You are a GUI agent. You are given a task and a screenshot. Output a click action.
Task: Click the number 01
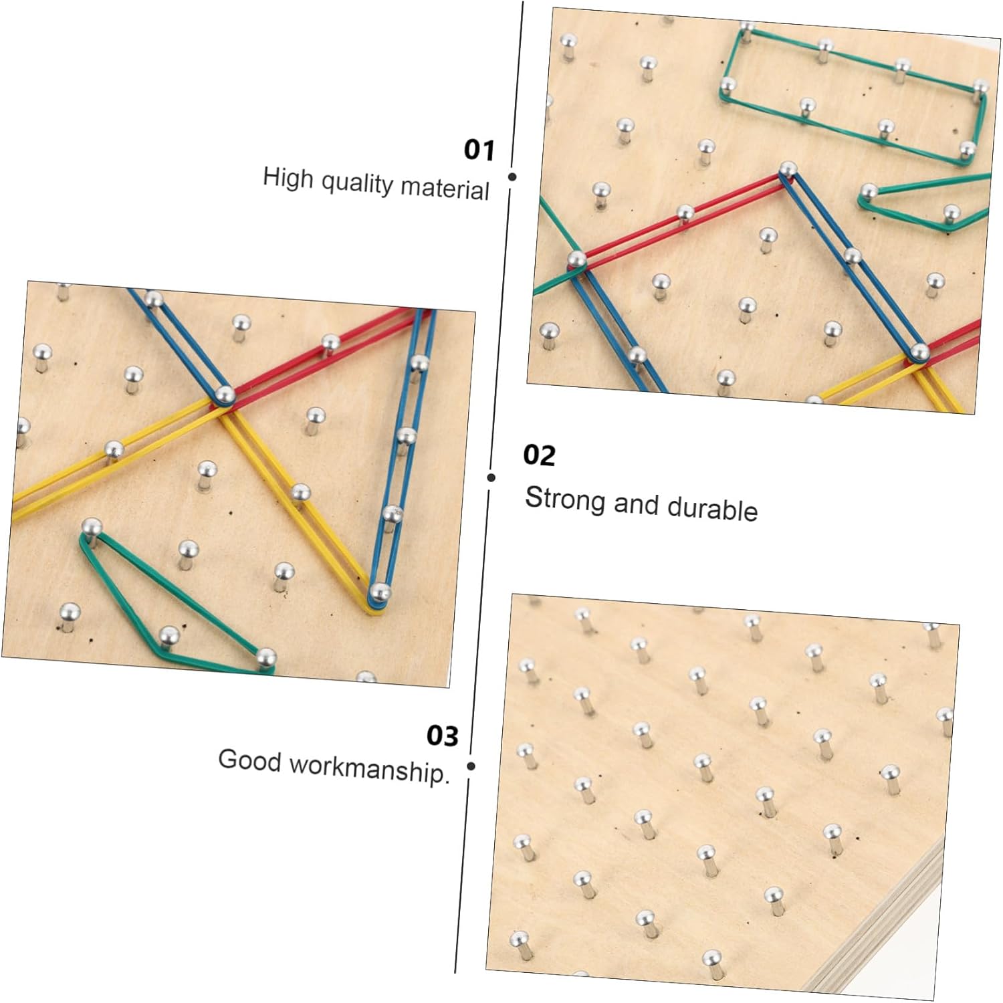(479, 150)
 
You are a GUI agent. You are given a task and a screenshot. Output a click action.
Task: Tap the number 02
(539, 455)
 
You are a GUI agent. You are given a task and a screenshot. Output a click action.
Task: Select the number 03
(443, 736)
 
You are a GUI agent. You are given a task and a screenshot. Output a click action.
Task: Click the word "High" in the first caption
(288, 178)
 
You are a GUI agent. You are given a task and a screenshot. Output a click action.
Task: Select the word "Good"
(249, 760)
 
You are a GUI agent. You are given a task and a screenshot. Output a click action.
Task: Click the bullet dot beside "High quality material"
(512, 177)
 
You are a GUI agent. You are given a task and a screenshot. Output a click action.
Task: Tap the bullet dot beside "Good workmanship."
(471, 766)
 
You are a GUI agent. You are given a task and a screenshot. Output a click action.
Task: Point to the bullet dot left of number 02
(491, 477)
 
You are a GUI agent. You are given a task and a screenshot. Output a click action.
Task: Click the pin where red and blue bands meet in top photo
(788, 170)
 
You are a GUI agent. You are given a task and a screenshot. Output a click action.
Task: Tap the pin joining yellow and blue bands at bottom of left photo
(379, 592)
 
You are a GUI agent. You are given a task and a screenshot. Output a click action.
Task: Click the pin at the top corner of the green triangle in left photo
(91, 527)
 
